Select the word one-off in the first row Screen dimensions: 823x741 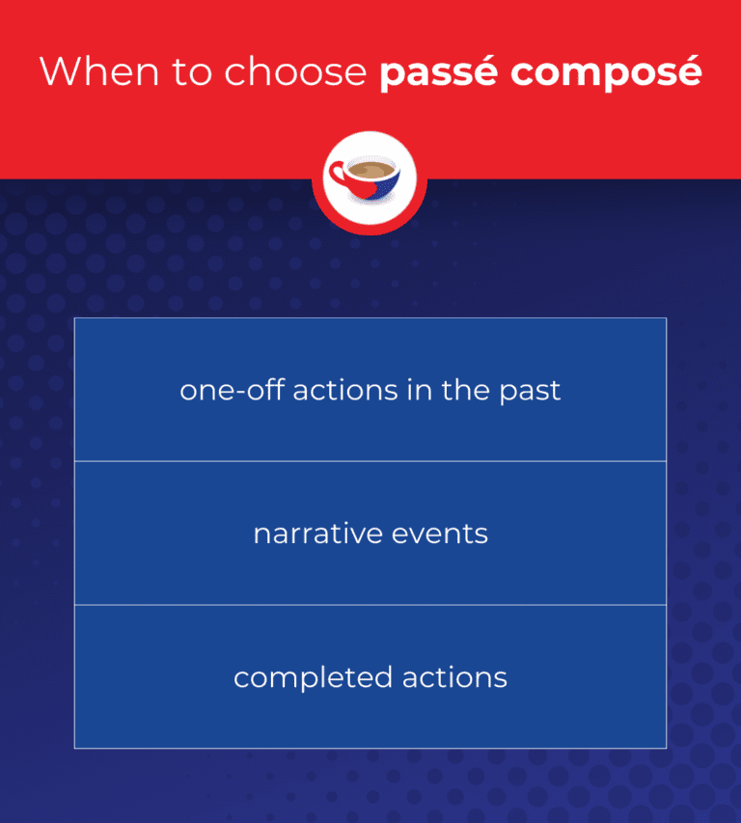click(x=232, y=391)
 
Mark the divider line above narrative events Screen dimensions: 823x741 click(x=370, y=461)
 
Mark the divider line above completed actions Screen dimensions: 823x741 click(x=370, y=605)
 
